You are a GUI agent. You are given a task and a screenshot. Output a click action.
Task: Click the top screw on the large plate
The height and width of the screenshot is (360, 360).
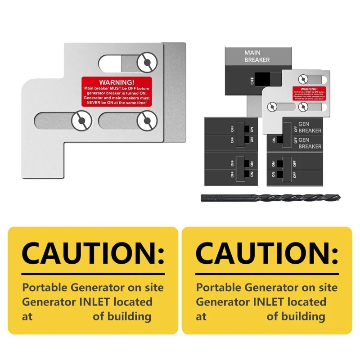tap(147, 63)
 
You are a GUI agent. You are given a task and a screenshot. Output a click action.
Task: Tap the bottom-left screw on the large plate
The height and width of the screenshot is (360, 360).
tap(81, 121)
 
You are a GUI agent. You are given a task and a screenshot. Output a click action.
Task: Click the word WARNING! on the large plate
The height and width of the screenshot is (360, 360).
tap(117, 82)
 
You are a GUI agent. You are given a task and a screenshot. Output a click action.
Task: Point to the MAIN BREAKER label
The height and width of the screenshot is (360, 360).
tap(257, 56)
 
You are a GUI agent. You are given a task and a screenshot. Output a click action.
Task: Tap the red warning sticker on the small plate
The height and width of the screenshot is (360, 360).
tap(309, 93)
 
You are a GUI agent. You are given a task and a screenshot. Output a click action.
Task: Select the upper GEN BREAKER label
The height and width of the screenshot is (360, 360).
tap(310, 127)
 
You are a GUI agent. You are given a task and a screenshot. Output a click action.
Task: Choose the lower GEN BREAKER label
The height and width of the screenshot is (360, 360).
tap(310, 143)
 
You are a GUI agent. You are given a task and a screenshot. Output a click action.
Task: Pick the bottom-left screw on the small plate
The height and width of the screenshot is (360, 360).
tap(271, 107)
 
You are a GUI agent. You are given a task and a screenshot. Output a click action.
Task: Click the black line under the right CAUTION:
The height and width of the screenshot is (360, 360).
tap(266, 274)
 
